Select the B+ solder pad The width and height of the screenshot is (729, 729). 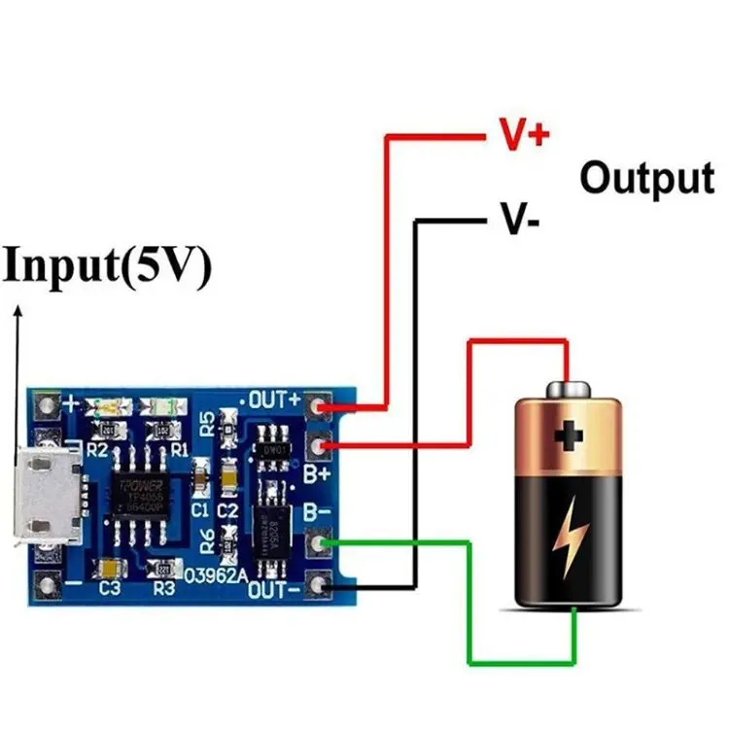(x=319, y=446)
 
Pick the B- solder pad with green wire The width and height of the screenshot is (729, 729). (x=319, y=542)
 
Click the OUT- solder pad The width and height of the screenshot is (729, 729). (x=319, y=585)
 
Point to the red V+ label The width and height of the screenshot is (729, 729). (x=524, y=134)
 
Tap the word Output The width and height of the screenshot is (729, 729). (x=646, y=178)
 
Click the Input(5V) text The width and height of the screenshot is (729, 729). (x=107, y=267)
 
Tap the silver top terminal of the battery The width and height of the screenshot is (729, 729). (x=570, y=390)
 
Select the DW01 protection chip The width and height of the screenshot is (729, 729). (x=272, y=449)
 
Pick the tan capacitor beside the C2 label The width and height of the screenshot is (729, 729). (x=228, y=476)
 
